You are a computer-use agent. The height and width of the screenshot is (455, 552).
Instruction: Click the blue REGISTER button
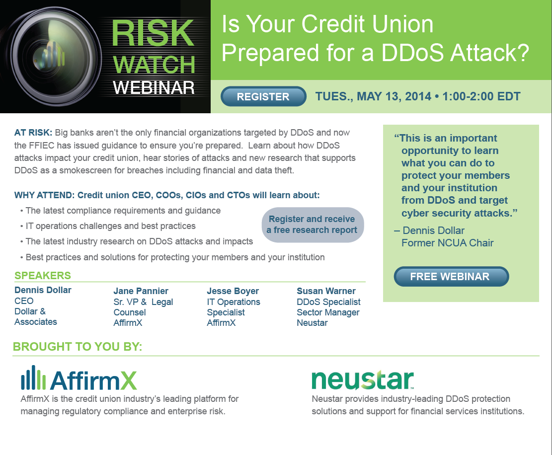click(263, 96)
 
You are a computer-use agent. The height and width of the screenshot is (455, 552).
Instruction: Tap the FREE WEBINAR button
click(451, 277)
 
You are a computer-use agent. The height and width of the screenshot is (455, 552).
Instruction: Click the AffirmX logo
click(79, 379)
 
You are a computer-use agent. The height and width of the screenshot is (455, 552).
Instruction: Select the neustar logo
click(363, 379)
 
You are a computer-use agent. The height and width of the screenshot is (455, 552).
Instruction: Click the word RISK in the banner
click(153, 33)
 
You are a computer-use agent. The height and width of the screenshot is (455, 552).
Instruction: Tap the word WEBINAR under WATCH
click(154, 87)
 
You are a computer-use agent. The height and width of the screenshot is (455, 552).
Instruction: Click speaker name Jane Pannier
click(141, 291)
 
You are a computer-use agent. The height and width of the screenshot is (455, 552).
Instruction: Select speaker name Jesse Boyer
click(233, 291)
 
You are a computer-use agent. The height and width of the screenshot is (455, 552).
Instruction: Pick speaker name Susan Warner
click(326, 291)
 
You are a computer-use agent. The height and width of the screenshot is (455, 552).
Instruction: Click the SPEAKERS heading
click(43, 276)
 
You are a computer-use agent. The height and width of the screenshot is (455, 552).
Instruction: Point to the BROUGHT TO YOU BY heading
click(78, 347)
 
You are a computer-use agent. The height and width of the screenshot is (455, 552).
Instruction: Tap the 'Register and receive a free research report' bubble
click(313, 225)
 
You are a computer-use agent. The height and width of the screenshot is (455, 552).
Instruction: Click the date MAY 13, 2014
click(394, 96)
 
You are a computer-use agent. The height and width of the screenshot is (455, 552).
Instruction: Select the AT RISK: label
click(33, 133)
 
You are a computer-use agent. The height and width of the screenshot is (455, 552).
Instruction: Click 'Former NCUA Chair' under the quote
click(448, 243)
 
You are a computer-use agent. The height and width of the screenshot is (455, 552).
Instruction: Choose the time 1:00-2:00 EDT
click(481, 96)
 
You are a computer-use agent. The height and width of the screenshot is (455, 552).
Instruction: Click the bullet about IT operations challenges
click(108, 226)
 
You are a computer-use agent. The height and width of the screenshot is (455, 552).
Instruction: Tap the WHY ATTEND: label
click(44, 195)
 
